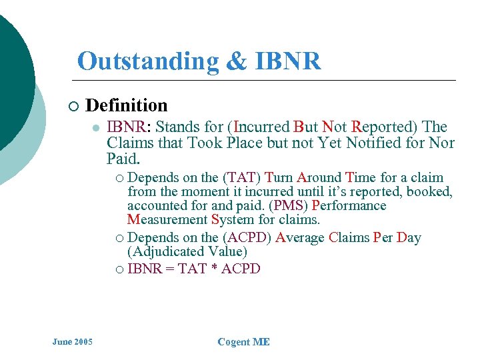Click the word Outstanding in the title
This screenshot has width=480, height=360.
[147, 61]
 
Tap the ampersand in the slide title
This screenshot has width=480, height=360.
[236, 61]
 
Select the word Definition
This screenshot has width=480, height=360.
[127, 105]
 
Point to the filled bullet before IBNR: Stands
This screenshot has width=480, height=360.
[96, 128]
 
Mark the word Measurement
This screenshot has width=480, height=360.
[167, 219]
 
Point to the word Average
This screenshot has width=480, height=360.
[300, 237]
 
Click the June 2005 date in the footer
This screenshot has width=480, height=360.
[72, 342]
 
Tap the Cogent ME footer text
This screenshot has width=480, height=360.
[243, 342]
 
